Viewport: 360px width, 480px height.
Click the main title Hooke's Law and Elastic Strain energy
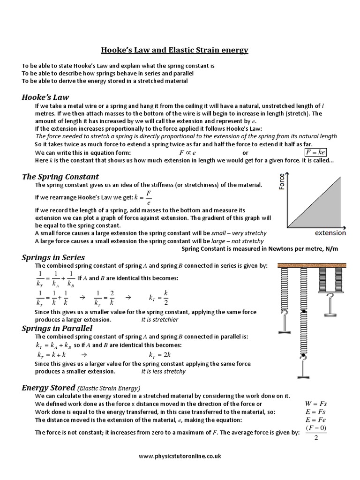pos(175,50)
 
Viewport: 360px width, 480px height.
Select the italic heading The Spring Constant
pos(60,177)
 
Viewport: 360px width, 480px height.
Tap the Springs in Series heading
pos(53,257)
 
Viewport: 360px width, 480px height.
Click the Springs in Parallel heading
pos(57,328)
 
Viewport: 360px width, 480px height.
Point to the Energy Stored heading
pos(49,388)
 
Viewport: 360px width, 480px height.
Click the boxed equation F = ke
pos(315,153)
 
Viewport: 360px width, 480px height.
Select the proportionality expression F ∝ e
pos(187,153)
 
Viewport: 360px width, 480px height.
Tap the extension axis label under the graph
pos(330,232)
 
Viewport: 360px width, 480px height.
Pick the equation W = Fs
pos(315,403)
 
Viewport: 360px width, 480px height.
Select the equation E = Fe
pos(315,420)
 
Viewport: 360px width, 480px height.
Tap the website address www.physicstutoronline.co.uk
pos(180,456)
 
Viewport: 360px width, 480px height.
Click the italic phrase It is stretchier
pos(160,320)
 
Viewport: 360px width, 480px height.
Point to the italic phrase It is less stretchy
pos(163,371)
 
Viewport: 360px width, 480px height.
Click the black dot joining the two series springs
pos(305,312)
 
